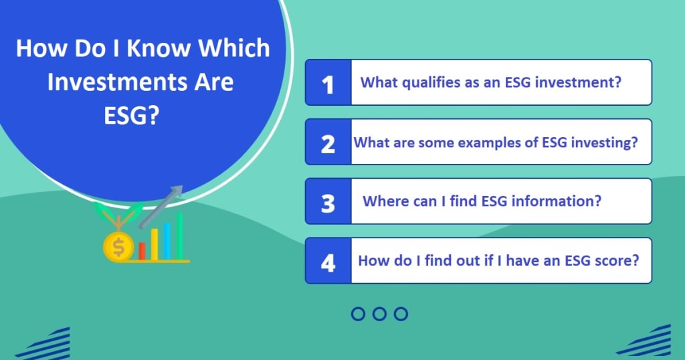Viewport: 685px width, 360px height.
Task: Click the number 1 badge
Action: pyautogui.click(x=328, y=82)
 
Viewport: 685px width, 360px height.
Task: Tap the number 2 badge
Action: pyautogui.click(x=328, y=142)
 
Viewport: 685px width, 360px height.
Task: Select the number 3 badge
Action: pyautogui.click(x=328, y=201)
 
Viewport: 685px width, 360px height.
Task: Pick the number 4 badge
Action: pyautogui.click(x=328, y=261)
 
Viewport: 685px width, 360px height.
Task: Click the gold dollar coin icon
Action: pyautogui.click(x=118, y=248)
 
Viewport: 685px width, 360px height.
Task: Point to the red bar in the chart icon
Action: pyautogui.click(x=142, y=251)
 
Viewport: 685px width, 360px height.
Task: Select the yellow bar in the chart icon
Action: pyautogui.click(x=155, y=244)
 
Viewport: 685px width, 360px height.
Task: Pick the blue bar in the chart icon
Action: pyautogui.click(x=167, y=241)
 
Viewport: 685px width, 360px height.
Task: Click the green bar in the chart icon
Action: pyautogui.click(x=179, y=236)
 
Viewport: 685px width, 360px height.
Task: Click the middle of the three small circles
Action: pyautogui.click(x=380, y=314)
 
